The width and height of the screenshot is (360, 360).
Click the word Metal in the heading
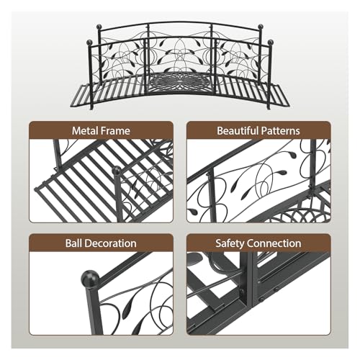click(x=85, y=131)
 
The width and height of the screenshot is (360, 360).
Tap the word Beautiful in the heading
click(x=238, y=131)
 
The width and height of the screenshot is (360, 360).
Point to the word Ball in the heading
click(x=73, y=243)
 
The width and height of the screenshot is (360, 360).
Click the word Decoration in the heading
click(x=110, y=243)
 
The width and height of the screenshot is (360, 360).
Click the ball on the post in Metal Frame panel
click(x=117, y=171)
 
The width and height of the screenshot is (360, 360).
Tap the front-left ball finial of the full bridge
click(x=89, y=42)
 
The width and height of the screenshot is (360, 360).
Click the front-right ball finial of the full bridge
click(x=271, y=42)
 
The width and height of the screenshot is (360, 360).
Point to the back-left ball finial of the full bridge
click(x=100, y=26)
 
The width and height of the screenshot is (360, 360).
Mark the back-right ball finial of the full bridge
click(x=261, y=27)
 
